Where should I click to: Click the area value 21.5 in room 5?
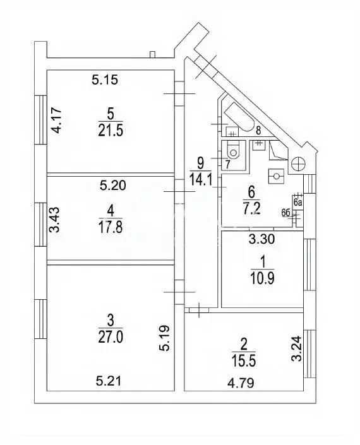(111, 129)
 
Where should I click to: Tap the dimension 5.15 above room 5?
(105, 80)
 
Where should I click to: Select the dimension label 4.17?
(57, 121)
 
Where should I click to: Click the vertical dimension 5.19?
(163, 338)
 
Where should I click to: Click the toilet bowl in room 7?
(233, 151)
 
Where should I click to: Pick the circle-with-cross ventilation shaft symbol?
(299, 163)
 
